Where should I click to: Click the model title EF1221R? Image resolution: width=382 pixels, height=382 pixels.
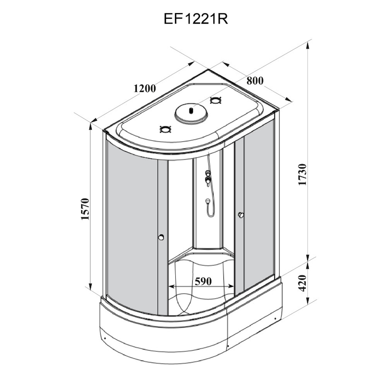pyautogui.click(x=196, y=18)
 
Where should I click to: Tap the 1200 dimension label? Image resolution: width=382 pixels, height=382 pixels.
pyautogui.click(x=145, y=88)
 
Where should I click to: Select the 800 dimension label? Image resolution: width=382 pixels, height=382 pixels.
pyautogui.click(x=255, y=80)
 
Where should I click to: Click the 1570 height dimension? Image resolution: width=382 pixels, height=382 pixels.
pyautogui.click(x=85, y=209)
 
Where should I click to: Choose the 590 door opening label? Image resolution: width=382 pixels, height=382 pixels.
pyautogui.click(x=203, y=281)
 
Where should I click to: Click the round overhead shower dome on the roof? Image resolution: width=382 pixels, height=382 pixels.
pyautogui.click(x=192, y=113)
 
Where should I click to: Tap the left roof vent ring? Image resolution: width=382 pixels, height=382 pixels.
pyautogui.click(x=166, y=129)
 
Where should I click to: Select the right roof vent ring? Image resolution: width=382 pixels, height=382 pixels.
pyautogui.click(x=216, y=101)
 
